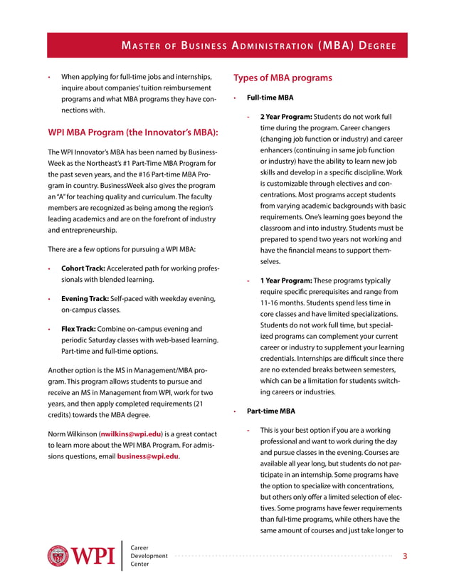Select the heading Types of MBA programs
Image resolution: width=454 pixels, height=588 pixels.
point(283,78)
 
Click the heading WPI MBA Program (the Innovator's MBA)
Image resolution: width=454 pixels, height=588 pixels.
point(132,132)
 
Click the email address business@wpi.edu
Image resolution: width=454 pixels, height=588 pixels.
point(148,456)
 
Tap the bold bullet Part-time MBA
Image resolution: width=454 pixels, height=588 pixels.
point(271,411)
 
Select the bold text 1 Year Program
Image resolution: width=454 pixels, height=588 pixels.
point(286,280)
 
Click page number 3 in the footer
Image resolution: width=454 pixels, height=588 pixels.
point(405,556)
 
